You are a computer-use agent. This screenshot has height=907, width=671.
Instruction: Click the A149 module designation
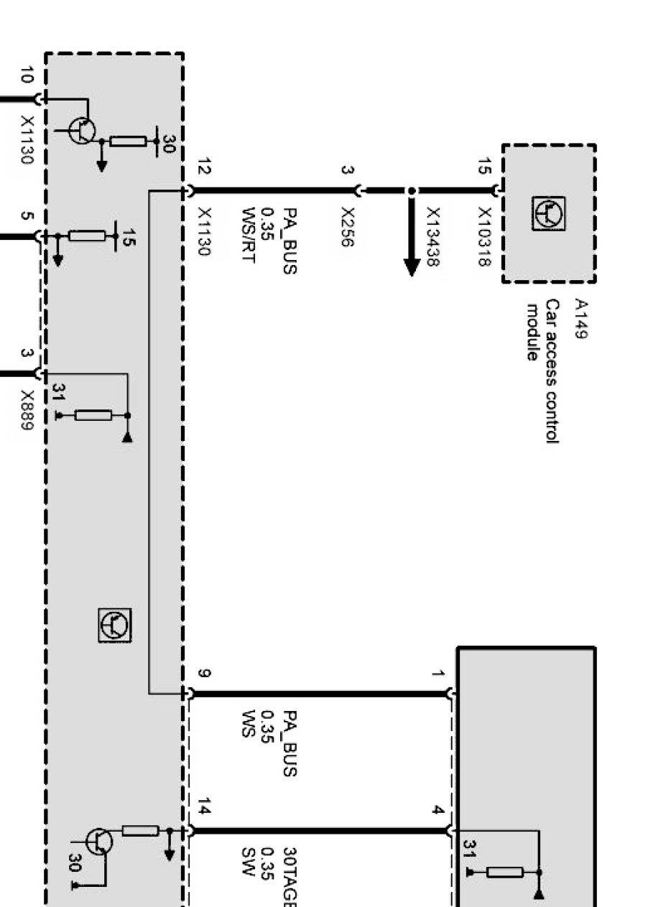581,319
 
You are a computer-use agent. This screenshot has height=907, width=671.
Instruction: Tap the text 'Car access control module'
542,371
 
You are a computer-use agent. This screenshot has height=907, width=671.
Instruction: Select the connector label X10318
484,237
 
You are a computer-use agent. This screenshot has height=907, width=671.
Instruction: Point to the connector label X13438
433,237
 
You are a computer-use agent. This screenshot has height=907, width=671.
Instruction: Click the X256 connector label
348,226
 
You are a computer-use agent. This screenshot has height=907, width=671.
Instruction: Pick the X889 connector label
27,410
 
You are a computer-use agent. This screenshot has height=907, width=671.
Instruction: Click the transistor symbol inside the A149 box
548,213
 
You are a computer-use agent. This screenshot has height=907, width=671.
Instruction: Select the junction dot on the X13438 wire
412,190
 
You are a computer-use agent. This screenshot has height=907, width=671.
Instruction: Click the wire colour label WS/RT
249,236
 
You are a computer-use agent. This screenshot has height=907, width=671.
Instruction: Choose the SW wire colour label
249,862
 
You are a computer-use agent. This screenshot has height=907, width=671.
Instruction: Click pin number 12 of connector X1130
204,167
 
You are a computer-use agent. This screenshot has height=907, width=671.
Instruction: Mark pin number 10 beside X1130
27,75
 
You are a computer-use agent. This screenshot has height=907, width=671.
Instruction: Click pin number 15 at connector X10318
484,167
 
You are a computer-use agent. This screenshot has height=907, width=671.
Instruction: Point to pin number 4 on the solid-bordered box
438,809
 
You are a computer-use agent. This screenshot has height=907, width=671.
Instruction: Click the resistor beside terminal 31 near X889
93,416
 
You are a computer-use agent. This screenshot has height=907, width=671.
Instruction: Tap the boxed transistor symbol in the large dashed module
115,625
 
